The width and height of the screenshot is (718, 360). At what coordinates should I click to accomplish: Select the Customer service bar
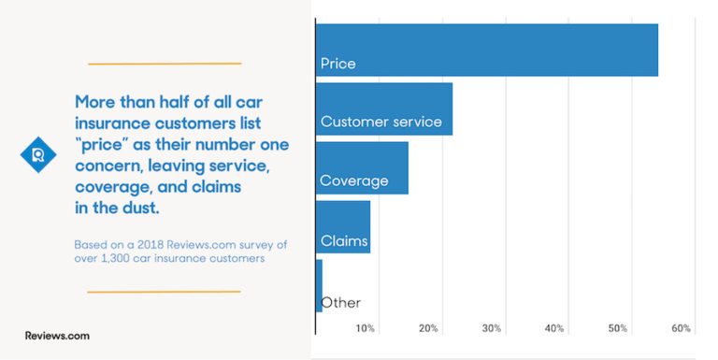click(384, 108)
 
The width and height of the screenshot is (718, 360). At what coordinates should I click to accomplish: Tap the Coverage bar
click(362, 167)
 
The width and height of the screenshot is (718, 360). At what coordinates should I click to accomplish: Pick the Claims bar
click(343, 226)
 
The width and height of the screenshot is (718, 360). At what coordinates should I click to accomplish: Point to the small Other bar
click(319, 285)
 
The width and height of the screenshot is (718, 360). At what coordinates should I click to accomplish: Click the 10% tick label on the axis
click(366, 328)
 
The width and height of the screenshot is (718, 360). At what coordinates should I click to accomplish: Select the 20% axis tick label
click(429, 328)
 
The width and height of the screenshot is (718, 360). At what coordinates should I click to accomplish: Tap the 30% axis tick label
click(492, 328)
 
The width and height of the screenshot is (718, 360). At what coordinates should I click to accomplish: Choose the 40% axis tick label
click(554, 328)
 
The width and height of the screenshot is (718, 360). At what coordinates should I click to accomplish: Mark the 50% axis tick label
click(617, 328)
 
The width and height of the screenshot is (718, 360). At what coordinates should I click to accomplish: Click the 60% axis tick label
click(681, 328)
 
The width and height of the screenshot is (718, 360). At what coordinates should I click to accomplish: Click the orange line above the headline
click(165, 64)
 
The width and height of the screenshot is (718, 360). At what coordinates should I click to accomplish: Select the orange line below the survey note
click(164, 292)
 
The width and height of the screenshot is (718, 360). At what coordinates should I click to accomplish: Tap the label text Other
click(341, 302)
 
